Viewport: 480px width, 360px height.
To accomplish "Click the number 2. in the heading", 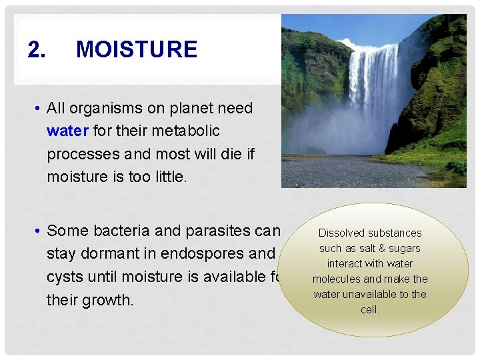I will pyautogui.click(x=37, y=49).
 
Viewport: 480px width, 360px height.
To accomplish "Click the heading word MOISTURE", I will pyautogui.click(x=137, y=49).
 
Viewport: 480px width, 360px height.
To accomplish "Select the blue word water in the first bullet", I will pyautogui.click(x=68, y=131).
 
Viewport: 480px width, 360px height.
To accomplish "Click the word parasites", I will pyautogui.click(x=216, y=231).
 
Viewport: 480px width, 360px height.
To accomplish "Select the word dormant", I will pyautogui.click(x=109, y=254).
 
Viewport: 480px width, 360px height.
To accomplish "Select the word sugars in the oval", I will pyautogui.click(x=404, y=248).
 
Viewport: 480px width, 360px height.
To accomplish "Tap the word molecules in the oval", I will pyautogui.click(x=336, y=279).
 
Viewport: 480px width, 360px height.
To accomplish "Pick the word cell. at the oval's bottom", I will pyautogui.click(x=369, y=309).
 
